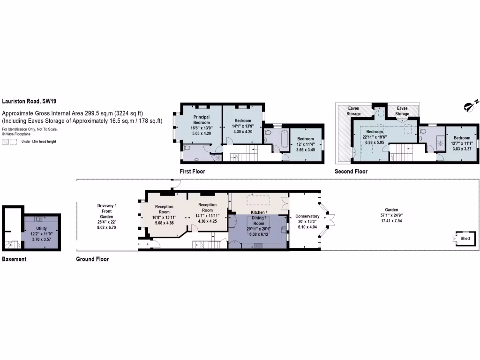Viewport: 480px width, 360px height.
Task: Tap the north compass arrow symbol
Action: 471,107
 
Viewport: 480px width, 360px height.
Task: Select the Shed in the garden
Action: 465,239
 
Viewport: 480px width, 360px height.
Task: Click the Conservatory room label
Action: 307,216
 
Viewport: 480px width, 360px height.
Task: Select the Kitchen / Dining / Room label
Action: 259,218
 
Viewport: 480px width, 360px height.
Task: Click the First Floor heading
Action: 192,172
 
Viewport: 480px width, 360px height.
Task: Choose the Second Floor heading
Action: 351,172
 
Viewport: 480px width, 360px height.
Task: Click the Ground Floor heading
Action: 92,259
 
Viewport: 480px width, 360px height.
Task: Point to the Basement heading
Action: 14,259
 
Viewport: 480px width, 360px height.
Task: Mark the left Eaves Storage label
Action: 353,111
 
